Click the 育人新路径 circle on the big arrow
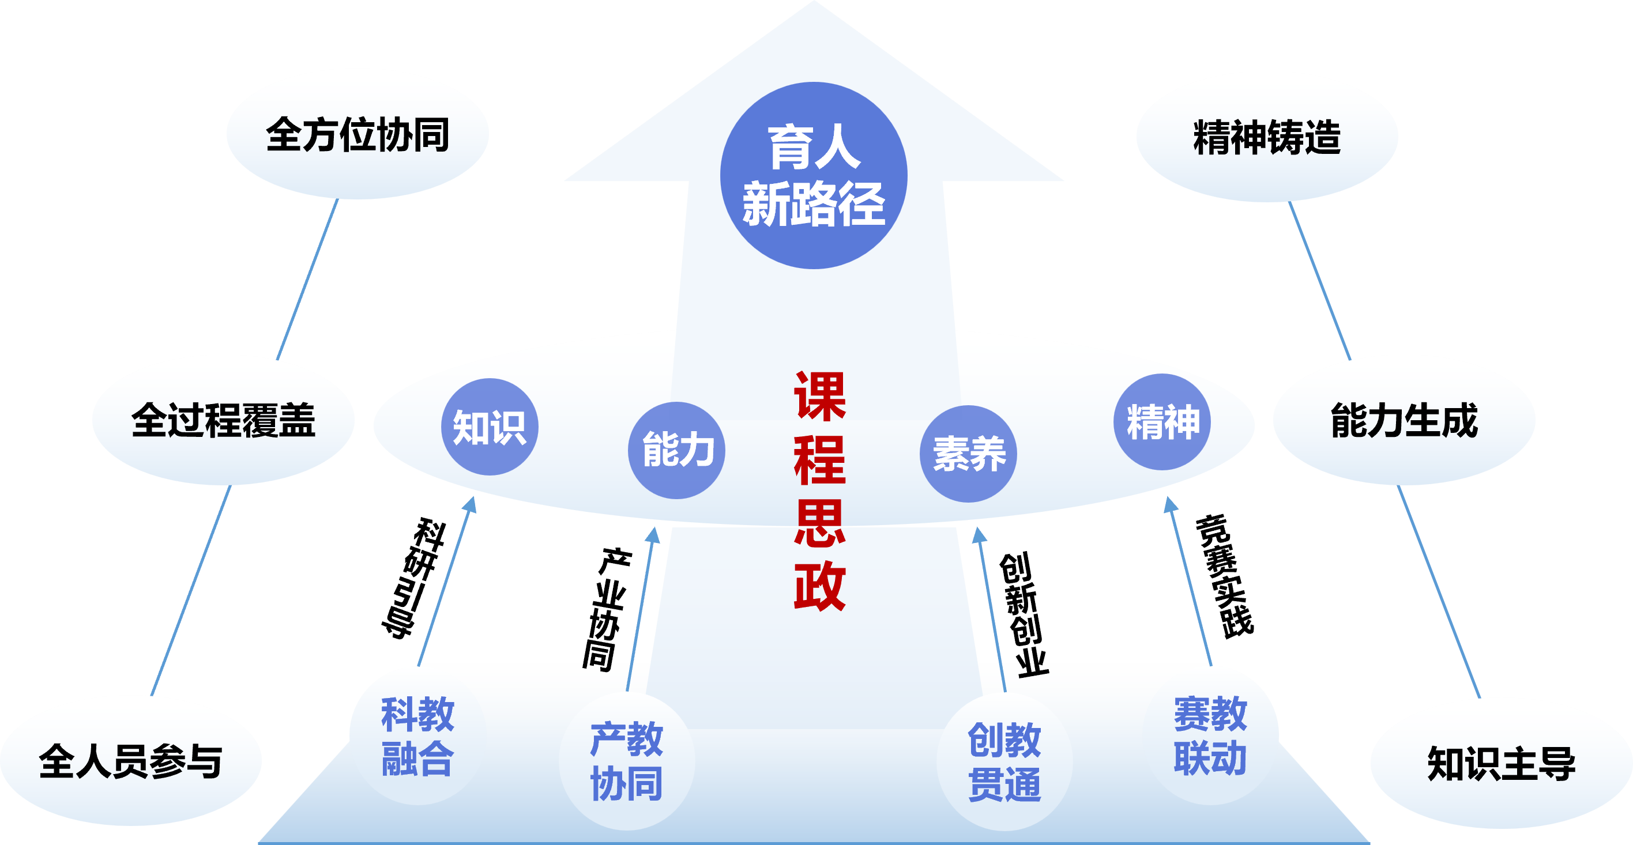coord(814,176)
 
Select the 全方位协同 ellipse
coord(358,134)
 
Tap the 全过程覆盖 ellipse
coord(223,420)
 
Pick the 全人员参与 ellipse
coord(130,761)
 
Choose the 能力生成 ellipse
coord(1404,420)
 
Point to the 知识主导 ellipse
coord(1501,763)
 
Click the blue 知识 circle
coord(490,427)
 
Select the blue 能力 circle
coord(676,450)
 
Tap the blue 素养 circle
coord(968,454)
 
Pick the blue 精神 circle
coord(1162,422)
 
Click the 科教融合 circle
coord(417,736)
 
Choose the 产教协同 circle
coord(626,761)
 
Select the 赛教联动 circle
coord(1210,736)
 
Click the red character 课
coord(819,397)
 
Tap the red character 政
coord(819,586)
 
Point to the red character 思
coord(819,523)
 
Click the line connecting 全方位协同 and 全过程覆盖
coord(308,279)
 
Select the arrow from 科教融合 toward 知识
coord(446,583)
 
